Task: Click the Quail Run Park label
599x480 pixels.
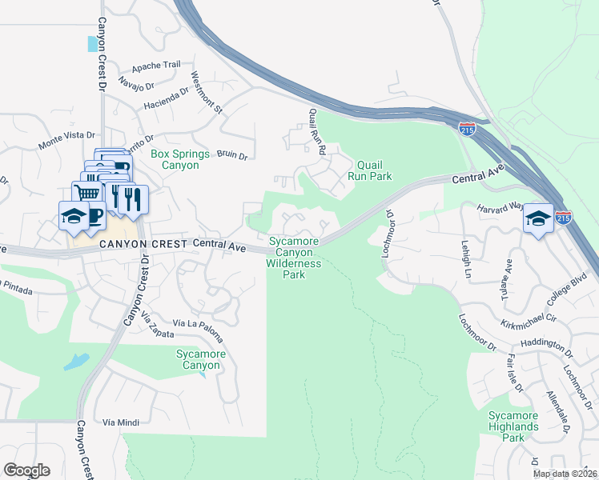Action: coord(369,169)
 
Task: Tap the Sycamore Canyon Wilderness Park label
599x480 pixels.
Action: coord(294,257)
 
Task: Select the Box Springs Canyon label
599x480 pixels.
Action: coord(180,159)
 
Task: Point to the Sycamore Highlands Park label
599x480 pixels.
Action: coord(513,426)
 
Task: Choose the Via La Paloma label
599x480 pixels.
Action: coord(189,323)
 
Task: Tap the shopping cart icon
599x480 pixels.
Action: coord(86,193)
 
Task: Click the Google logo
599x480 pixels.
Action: coord(26,470)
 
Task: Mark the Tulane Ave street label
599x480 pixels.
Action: coord(506,278)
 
